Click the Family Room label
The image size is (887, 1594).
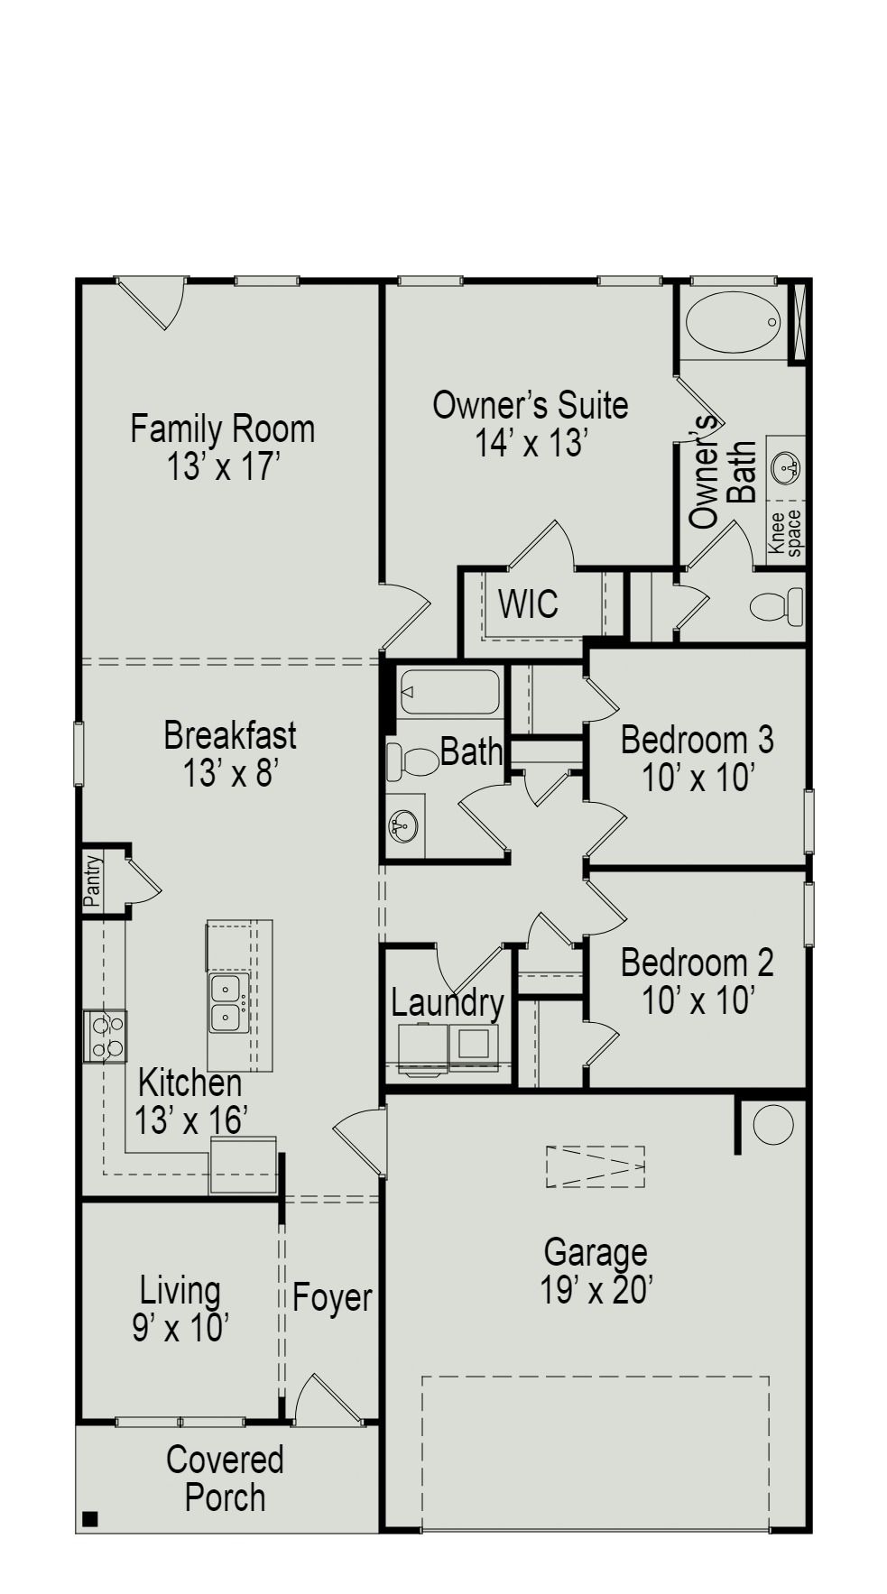point(222,429)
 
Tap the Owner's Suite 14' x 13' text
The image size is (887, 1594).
point(530,424)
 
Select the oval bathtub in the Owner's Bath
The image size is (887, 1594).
point(732,322)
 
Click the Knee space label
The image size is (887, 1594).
point(783,533)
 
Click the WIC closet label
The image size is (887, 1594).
point(528,604)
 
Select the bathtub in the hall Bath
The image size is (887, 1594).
point(449,692)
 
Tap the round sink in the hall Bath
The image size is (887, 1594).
point(403,825)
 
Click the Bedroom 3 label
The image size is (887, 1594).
point(697,740)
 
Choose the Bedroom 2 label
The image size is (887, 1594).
point(697,963)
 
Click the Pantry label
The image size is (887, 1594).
point(93,880)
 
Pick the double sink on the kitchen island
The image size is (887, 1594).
point(226,1003)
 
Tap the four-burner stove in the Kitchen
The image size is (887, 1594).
point(105,1036)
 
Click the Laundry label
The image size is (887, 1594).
point(447,1003)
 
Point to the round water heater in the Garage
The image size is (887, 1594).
point(772,1125)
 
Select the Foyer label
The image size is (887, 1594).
point(331,1298)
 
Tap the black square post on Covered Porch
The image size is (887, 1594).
point(89,1519)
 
